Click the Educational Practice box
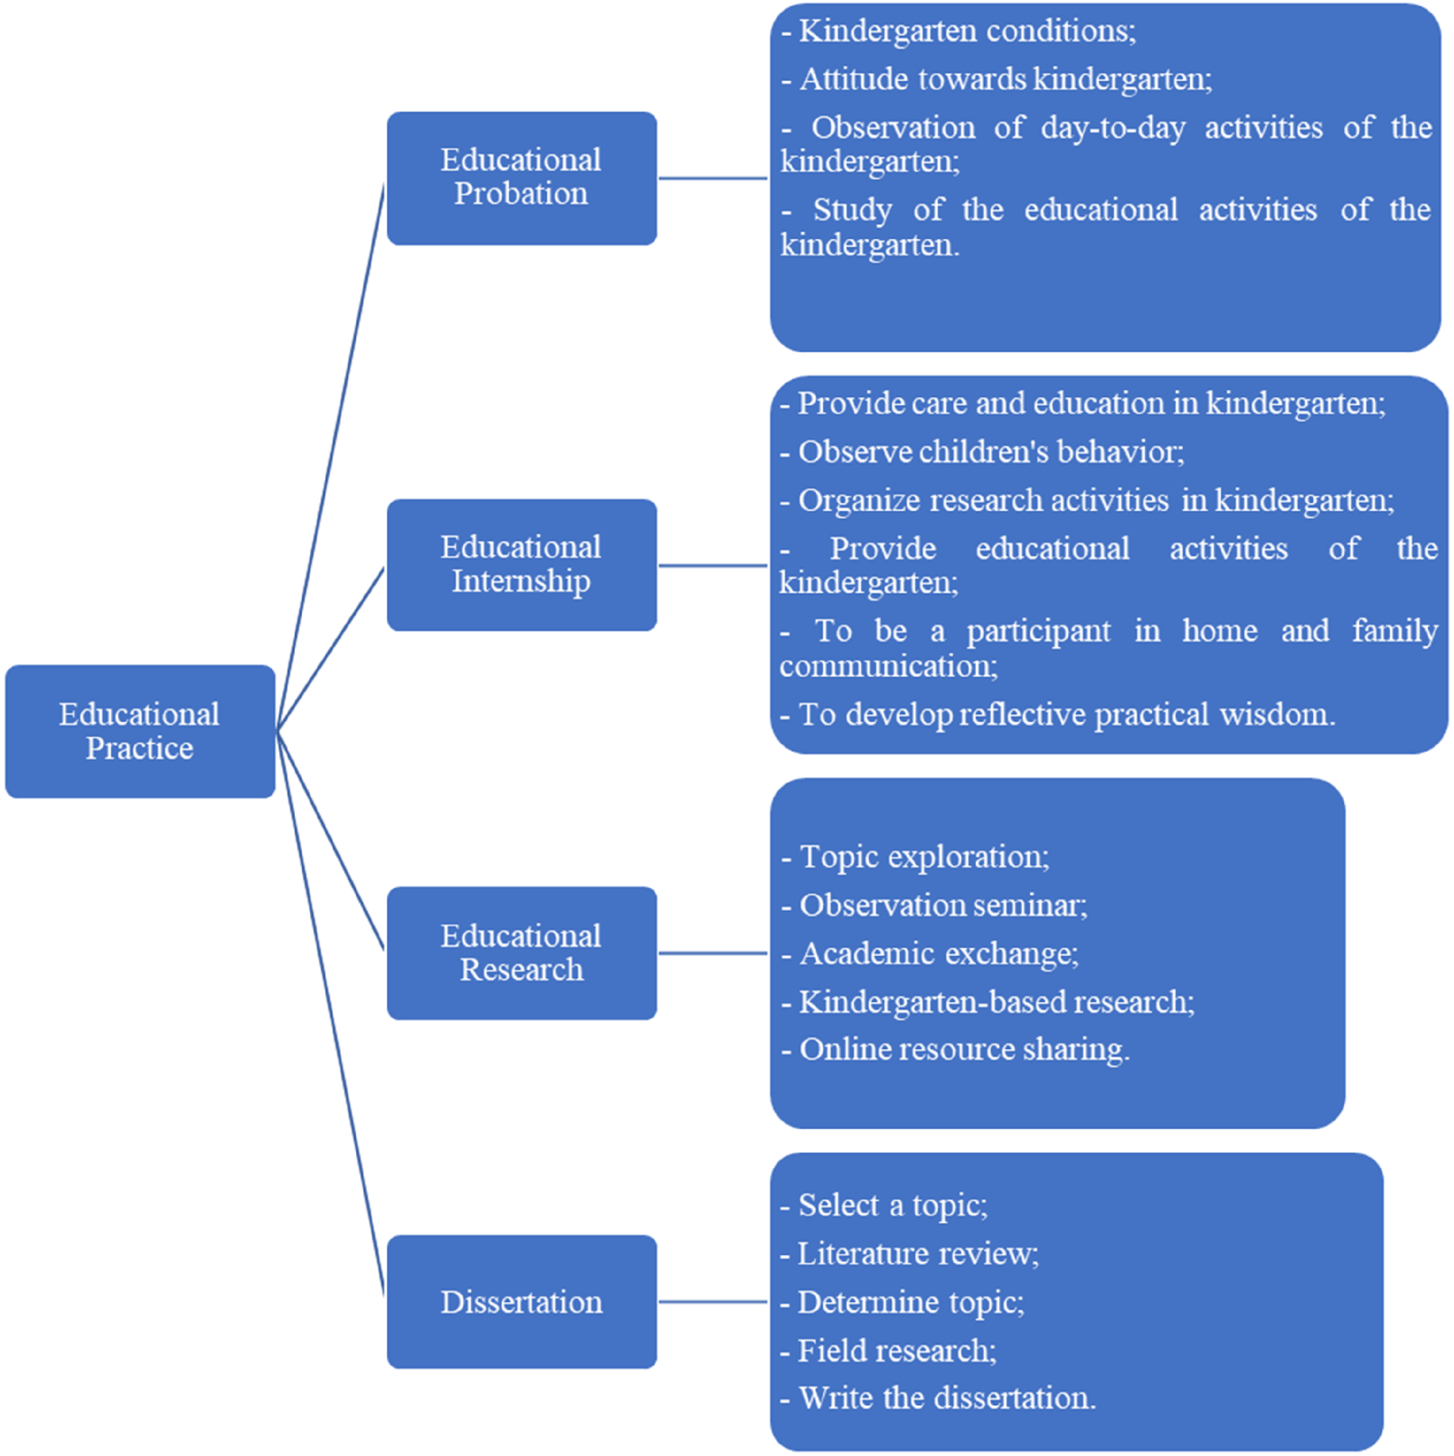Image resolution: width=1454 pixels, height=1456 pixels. click(x=140, y=731)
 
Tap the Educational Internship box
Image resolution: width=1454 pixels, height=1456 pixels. click(x=522, y=565)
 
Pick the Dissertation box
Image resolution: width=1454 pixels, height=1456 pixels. click(x=522, y=1302)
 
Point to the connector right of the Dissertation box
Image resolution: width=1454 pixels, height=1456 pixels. click(x=713, y=1302)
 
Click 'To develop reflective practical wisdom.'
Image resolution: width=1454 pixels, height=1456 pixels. click(x=1058, y=715)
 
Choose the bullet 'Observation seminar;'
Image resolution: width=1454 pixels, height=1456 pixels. click(x=934, y=905)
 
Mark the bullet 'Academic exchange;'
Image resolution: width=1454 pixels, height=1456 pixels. click(x=930, y=954)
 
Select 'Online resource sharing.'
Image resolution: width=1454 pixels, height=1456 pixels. click(x=955, y=1050)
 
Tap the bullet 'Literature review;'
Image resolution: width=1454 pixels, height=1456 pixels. click(x=909, y=1254)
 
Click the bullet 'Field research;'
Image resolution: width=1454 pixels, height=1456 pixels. click(x=888, y=1350)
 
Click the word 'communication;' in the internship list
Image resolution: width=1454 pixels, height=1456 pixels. click(x=889, y=666)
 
